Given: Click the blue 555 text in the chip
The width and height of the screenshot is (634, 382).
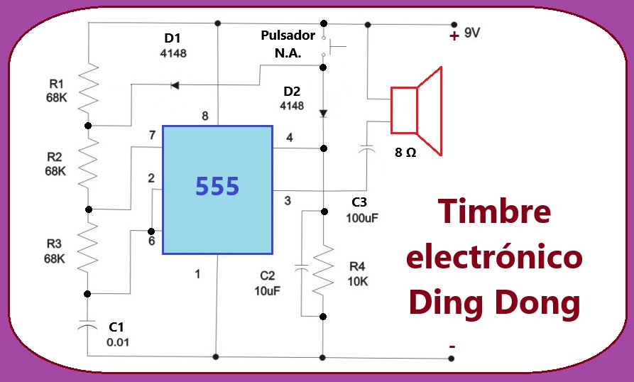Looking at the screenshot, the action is tap(217, 186).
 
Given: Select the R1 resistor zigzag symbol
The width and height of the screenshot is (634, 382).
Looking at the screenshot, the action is tap(88, 88).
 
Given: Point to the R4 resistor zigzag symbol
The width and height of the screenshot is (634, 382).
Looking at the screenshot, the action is tap(323, 270).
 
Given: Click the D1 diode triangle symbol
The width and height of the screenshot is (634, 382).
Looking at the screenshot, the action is tap(175, 85).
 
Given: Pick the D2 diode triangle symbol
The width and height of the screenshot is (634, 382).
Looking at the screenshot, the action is tap(323, 114).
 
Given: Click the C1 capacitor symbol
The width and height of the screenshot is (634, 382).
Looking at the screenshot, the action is tap(87, 325).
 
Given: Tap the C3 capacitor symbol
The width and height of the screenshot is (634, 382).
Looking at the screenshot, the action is tap(367, 149).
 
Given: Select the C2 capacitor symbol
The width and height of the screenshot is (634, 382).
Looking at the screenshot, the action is tap(301, 267).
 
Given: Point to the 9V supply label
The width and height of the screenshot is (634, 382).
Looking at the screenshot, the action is tap(472, 33).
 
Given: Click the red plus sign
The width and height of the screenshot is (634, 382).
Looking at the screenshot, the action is tap(454, 36).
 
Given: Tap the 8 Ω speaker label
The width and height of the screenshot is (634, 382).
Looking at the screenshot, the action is tap(405, 153).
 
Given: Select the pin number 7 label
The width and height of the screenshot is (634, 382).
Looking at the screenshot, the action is tap(152, 135).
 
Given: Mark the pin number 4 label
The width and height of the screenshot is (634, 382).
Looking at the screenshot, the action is tap(290, 138).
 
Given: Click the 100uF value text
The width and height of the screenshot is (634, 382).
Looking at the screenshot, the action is tap(362, 218).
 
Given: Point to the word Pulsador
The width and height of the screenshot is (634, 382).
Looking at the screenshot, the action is tap(288, 36).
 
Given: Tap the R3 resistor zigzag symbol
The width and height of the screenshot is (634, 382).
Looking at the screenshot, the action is tap(87, 246).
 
